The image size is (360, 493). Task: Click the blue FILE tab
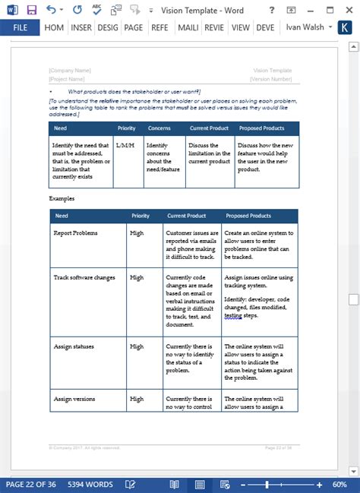point(21,28)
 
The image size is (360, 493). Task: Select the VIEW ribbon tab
point(241,28)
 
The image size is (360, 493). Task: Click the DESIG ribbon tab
point(106,28)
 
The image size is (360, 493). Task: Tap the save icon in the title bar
point(31,10)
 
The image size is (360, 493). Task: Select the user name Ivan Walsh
point(304,28)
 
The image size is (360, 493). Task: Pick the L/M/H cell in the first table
point(125,145)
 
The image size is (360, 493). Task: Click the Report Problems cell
point(74,232)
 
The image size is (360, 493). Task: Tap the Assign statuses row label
point(74,346)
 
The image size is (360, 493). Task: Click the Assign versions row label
point(74,398)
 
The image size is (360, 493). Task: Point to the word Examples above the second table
point(62,198)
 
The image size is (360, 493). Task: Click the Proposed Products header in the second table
point(248,216)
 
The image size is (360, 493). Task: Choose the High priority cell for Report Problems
point(137,232)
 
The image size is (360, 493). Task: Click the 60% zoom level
point(340,484)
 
